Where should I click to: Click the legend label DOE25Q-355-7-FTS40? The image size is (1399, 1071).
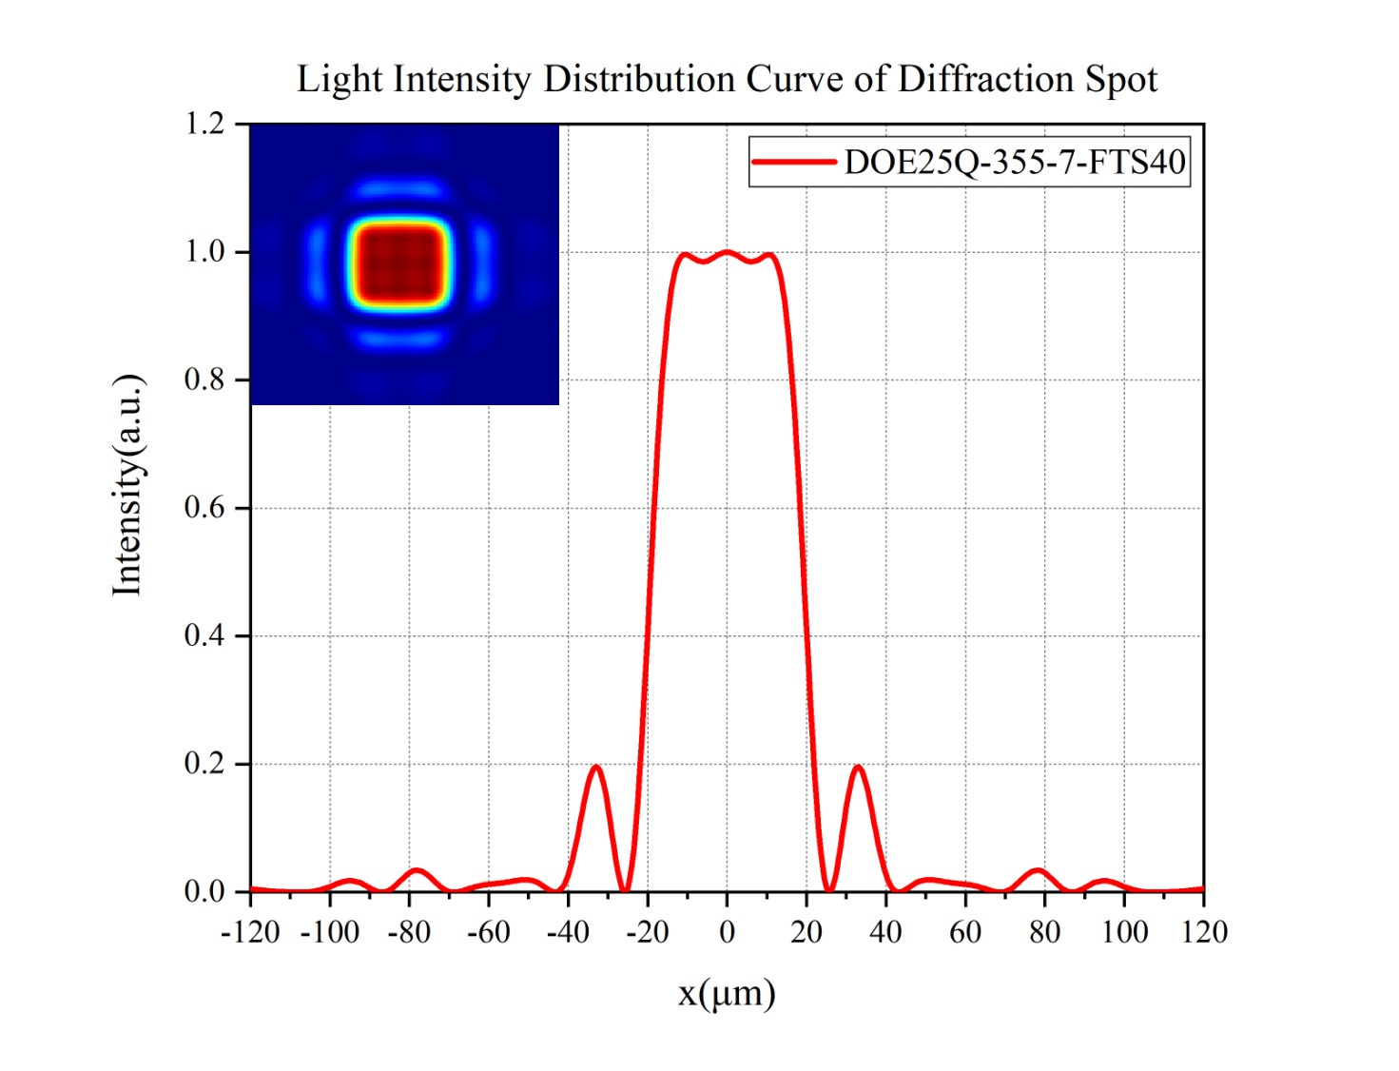pos(1014,163)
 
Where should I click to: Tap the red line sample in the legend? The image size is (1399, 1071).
pos(794,162)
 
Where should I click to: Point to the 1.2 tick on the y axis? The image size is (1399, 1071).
pos(204,124)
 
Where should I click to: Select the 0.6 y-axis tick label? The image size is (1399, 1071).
pos(204,508)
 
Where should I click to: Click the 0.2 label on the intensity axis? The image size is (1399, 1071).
pos(204,764)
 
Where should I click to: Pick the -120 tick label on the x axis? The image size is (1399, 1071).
pos(250,932)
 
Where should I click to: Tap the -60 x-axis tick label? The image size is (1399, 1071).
pos(489,932)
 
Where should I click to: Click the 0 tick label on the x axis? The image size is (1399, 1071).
pos(727,932)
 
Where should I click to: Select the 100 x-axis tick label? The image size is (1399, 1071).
pos(1124,932)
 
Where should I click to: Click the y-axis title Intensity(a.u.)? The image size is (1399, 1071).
pos(128,485)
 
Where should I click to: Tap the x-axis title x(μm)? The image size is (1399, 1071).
pos(727,993)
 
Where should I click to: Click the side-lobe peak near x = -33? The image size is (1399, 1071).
pos(596,767)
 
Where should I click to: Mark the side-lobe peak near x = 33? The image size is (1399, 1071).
pos(858,767)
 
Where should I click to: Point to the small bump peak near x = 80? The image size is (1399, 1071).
pos(1039,870)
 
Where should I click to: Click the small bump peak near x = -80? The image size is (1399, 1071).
pos(416,870)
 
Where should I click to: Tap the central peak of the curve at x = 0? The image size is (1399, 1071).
pos(727,252)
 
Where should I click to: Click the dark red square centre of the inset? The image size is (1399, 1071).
pos(400,264)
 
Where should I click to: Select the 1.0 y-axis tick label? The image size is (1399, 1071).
pos(204,252)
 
